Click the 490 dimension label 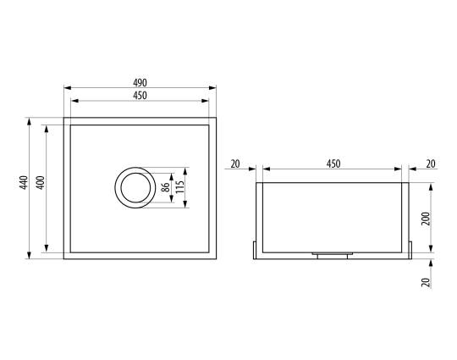(140, 83)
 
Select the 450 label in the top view (140, 96)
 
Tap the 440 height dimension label (24, 182)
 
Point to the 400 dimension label (41, 183)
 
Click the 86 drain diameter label (165, 187)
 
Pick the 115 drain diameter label (179, 187)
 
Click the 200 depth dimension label (426, 219)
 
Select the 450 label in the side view (333, 164)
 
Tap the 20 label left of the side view (235, 164)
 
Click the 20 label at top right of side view (431, 164)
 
